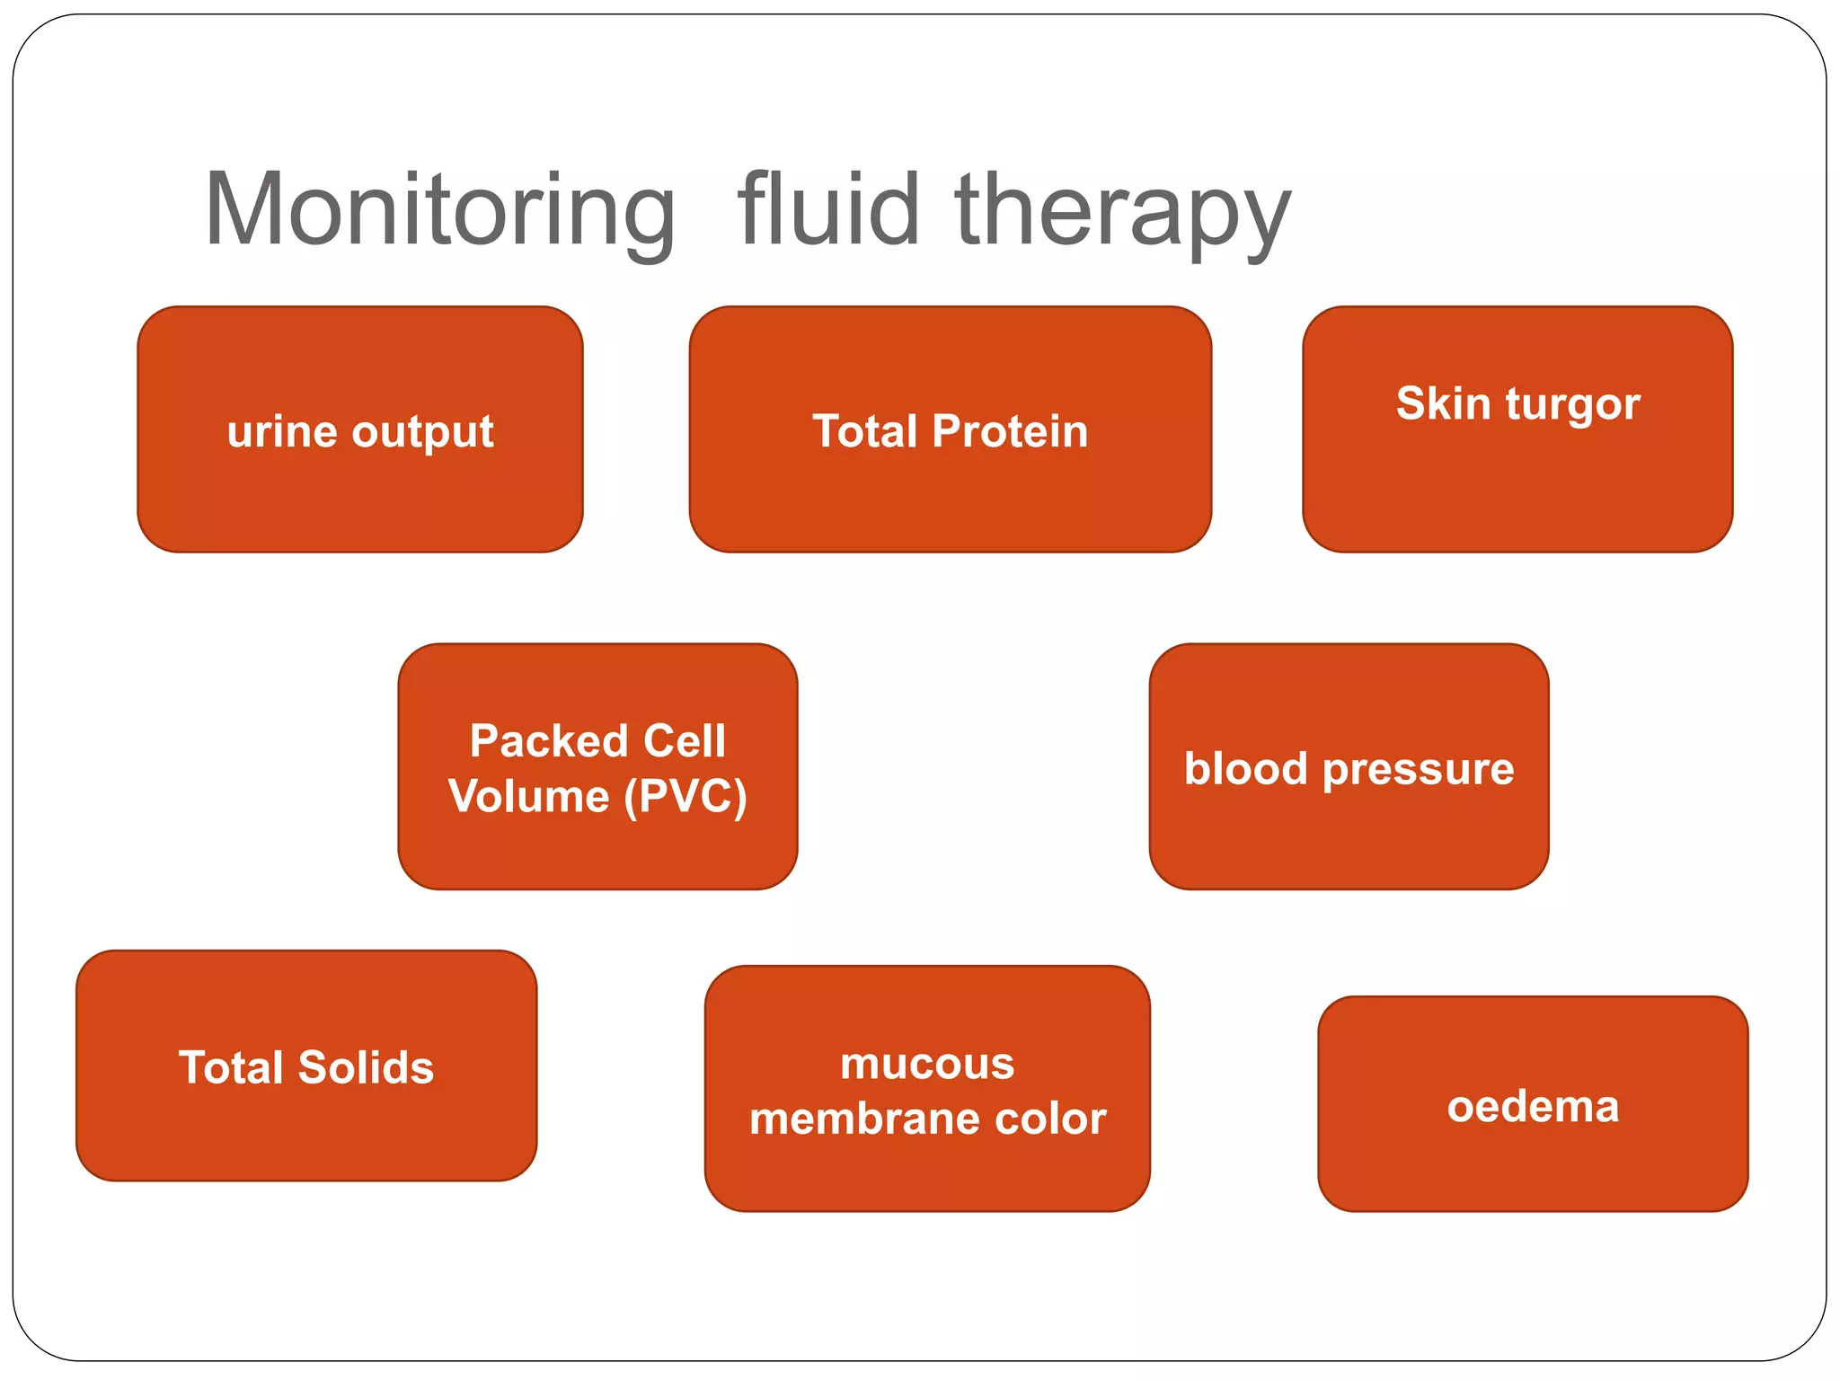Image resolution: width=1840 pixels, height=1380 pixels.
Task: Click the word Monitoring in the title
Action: [439, 210]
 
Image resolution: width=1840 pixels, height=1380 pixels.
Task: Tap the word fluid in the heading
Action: [827, 210]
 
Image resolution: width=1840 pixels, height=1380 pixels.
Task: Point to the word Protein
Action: [1010, 431]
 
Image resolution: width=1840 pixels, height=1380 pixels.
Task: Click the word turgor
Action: [1573, 404]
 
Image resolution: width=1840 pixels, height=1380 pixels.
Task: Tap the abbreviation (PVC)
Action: [686, 797]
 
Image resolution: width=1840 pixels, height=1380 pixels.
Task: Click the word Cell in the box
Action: [684, 741]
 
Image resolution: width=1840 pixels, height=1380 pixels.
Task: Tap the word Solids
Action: [366, 1067]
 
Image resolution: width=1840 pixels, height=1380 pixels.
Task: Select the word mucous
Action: [927, 1064]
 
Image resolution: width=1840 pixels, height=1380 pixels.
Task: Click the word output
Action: [423, 433]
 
